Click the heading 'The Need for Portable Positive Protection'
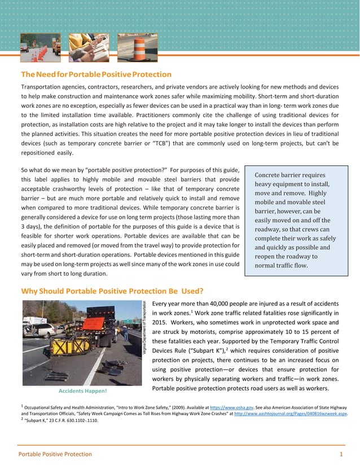coord(96,74)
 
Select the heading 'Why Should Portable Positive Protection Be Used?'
coord(112,291)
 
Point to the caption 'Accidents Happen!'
coord(82,390)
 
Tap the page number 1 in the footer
coord(341,454)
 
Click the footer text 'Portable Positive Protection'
coord(55,454)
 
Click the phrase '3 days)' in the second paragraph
coord(32,226)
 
